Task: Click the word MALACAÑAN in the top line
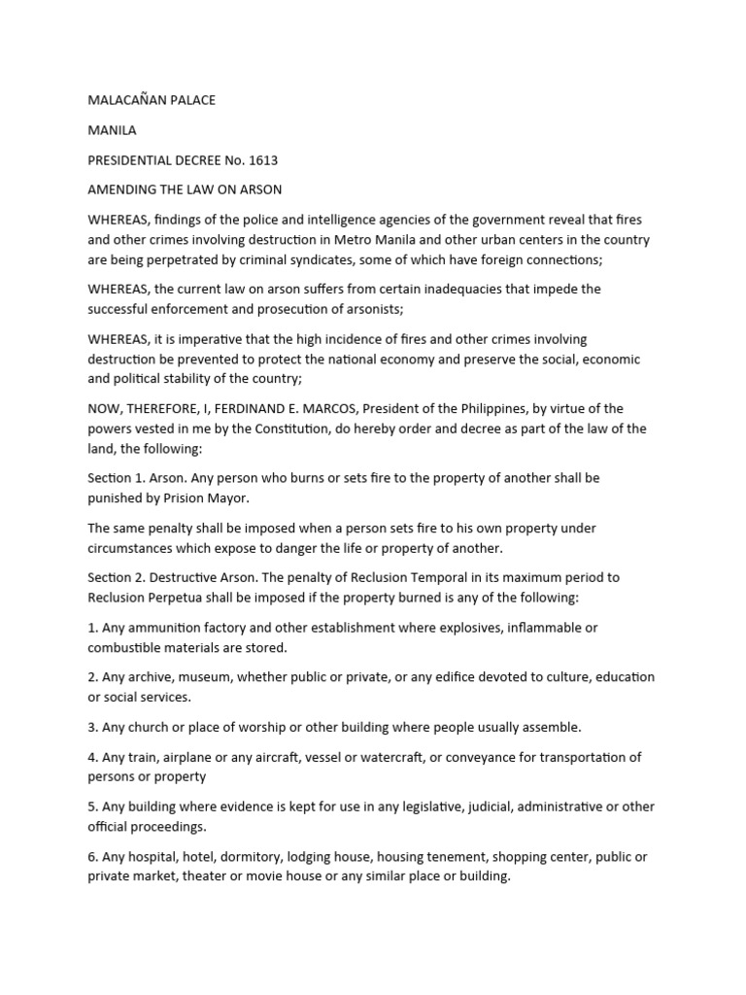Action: point(126,99)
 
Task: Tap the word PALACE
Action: point(191,99)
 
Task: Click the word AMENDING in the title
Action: point(121,189)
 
